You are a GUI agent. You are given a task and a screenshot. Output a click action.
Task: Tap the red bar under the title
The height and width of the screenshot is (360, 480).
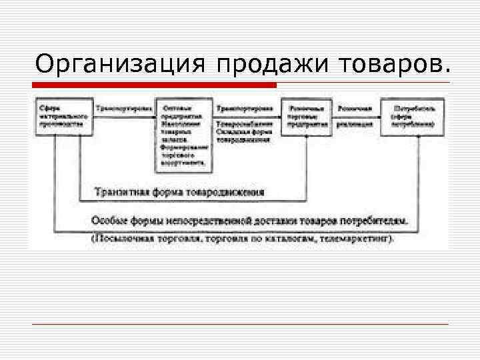coord(154,85)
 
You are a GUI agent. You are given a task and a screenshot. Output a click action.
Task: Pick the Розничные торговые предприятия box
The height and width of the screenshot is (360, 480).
coord(306,116)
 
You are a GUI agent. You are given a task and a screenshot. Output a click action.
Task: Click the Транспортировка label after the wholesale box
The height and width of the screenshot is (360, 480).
coord(243,108)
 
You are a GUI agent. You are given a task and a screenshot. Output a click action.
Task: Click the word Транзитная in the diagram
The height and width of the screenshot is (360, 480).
coord(119,191)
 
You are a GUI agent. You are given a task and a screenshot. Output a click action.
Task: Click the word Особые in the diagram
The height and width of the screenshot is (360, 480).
coord(107,220)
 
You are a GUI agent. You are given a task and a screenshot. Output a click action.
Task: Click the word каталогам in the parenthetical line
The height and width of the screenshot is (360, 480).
coord(291,237)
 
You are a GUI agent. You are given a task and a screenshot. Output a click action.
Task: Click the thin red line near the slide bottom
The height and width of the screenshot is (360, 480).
coord(240,324)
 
